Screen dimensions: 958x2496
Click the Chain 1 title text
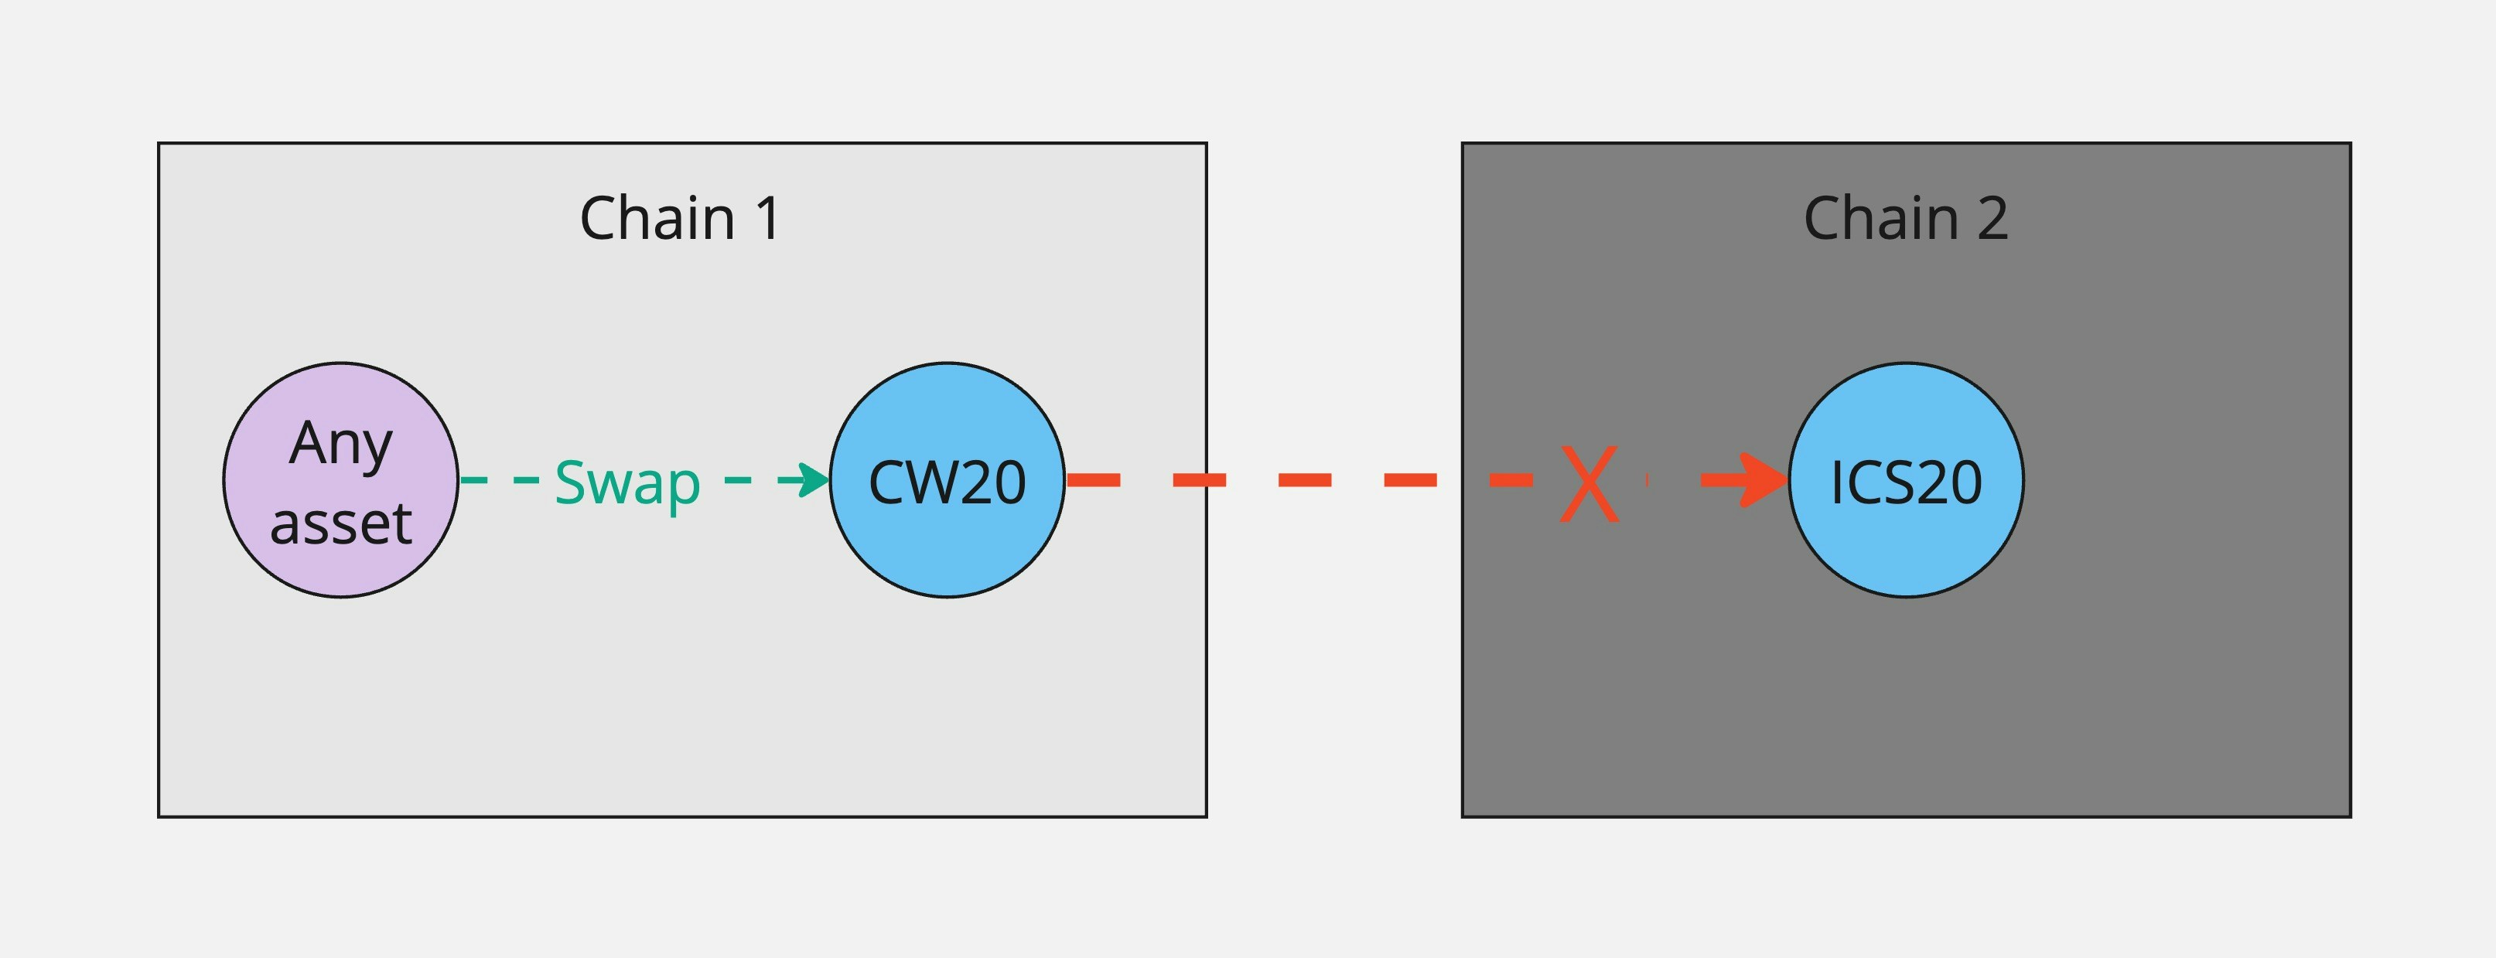tap(679, 218)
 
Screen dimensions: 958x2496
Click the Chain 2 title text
tap(1905, 218)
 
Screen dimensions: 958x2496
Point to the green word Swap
tap(627, 482)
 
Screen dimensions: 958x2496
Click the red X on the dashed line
tap(1589, 482)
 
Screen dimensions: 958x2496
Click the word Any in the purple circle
tap(340, 445)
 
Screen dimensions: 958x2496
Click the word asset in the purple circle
tap(340, 524)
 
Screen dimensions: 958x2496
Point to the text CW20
tap(947, 482)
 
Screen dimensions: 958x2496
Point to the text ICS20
tap(1905, 482)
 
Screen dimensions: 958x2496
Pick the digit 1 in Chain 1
tap(767, 218)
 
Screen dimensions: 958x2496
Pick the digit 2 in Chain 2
tap(1992, 218)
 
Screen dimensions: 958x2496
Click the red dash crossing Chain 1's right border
tap(1200, 479)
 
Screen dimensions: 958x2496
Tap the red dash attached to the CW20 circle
tap(1093, 479)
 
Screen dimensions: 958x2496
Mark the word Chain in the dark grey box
tap(1880, 218)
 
